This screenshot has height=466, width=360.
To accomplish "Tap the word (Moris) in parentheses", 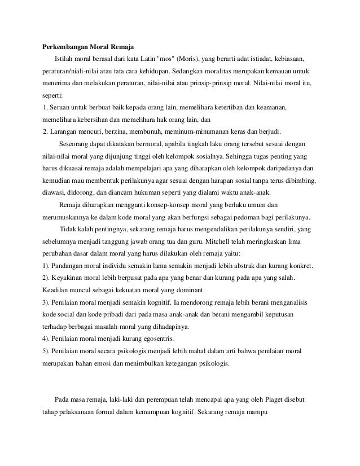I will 191,59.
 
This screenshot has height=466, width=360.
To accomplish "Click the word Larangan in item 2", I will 64,131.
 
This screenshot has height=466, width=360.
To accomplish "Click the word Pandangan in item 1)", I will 70,265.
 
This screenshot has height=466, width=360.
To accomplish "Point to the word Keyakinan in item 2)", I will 70,278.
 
